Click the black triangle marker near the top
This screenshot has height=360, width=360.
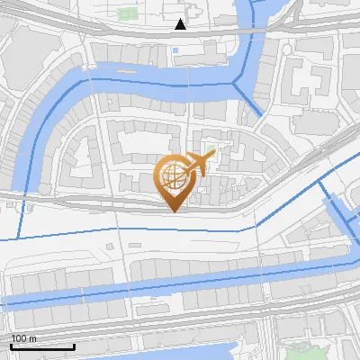point(181,24)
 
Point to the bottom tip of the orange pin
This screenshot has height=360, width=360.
point(173,211)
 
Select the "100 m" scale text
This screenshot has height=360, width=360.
point(23,338)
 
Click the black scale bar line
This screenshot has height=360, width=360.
point(42,346)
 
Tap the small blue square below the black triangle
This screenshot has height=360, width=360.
point(175,50)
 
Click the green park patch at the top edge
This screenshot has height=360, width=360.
point(125,14)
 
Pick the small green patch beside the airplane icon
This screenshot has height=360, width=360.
point(212,149)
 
